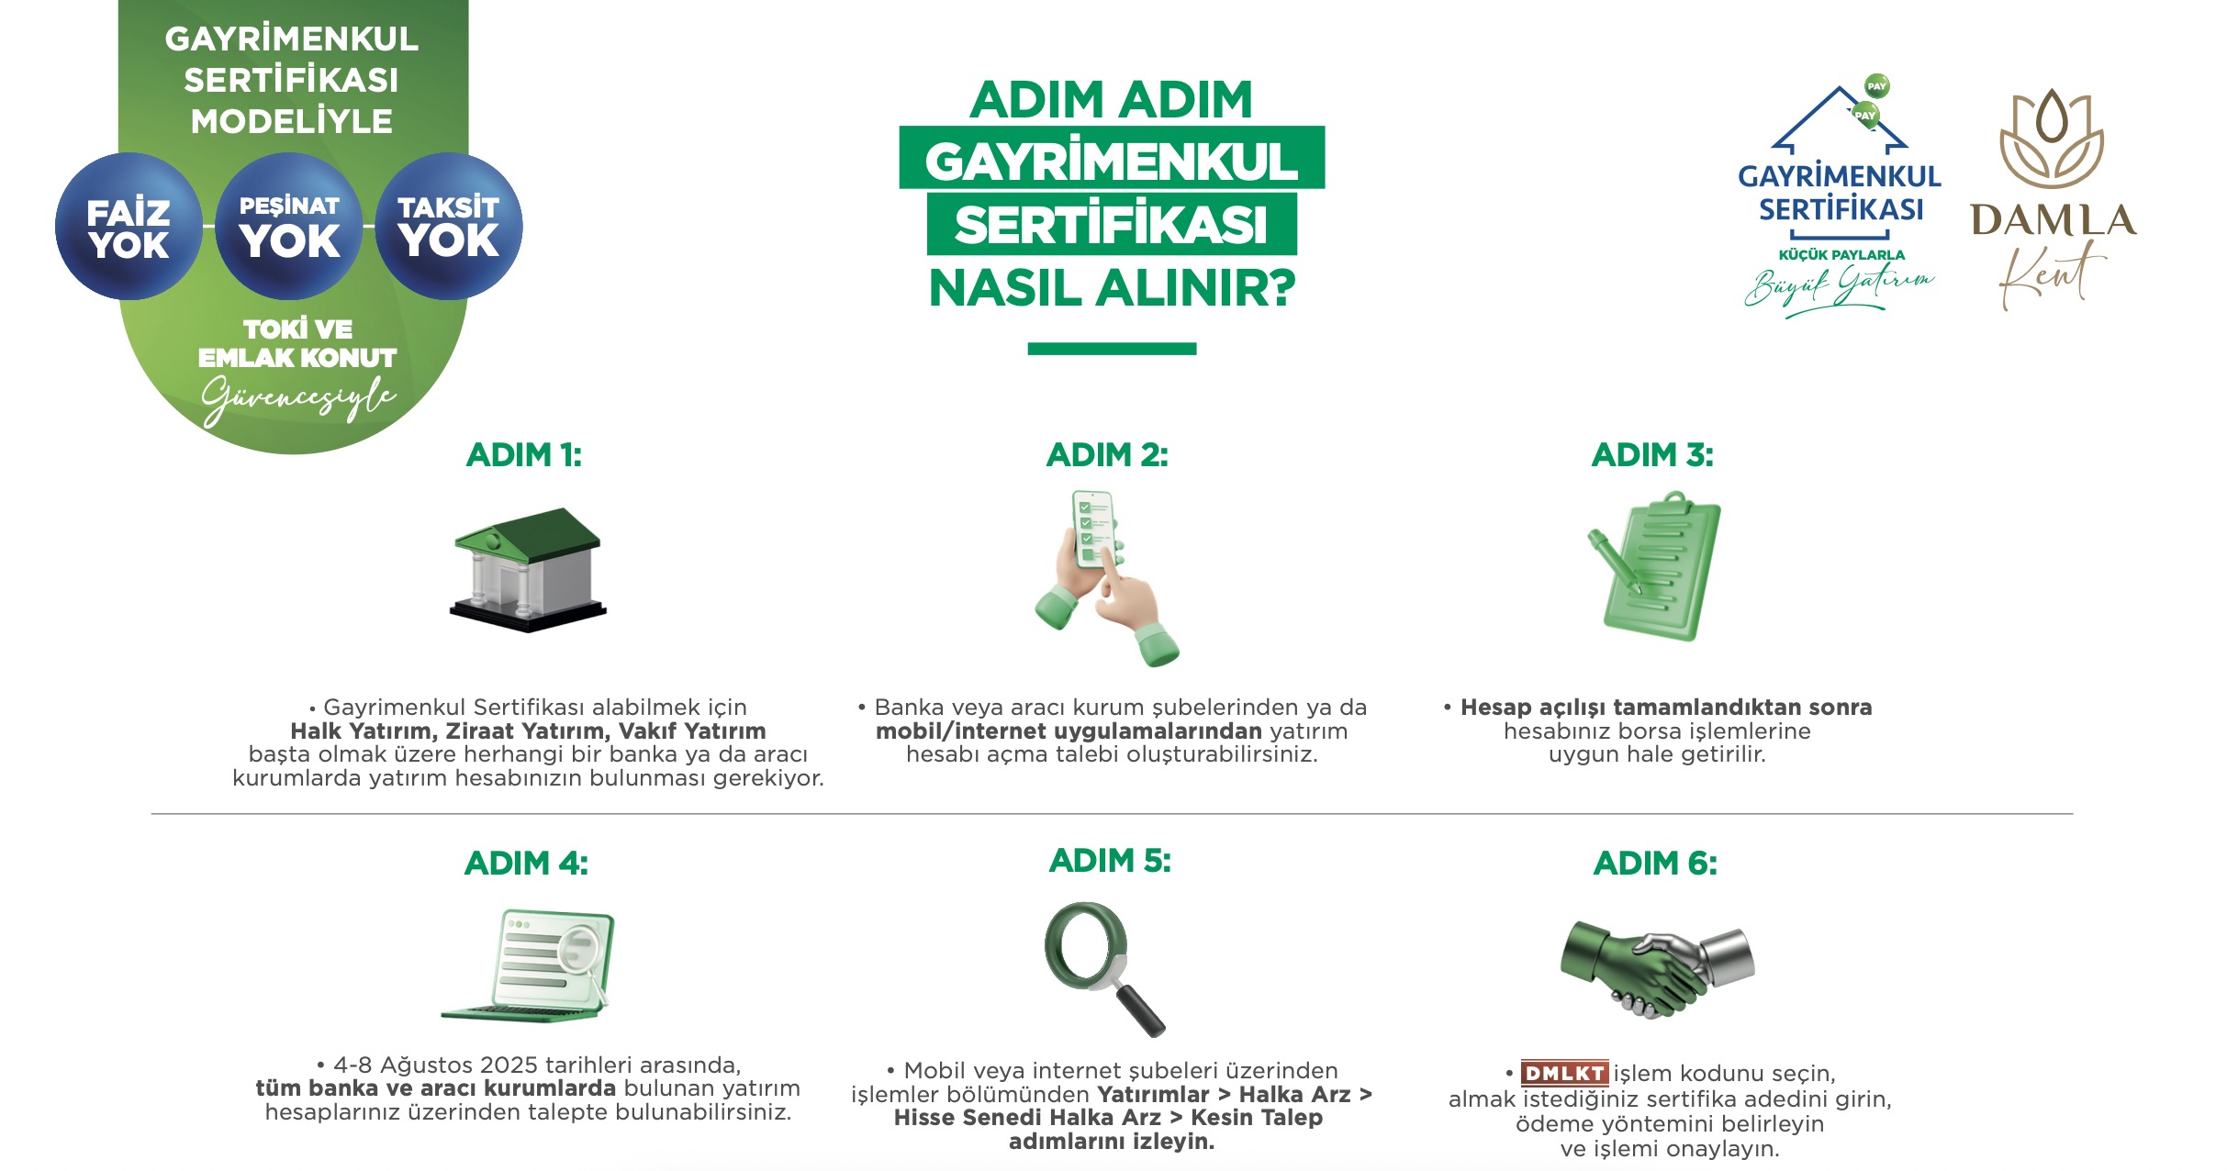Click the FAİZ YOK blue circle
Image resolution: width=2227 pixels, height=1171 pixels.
pyautogui.click(x=129, y=227)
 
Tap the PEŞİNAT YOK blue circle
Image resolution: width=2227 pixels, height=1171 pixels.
pyautogui.click(x=289, y=227)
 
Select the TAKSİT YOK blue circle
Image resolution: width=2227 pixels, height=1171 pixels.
pyautogui.click(x=449, y=227)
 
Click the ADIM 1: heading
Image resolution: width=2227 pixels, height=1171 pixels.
pyautogui.click(x=524, y=455)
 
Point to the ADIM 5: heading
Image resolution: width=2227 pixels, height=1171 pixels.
pyautogui.click(x=1110, y=861)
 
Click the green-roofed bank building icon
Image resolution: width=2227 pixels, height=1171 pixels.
pyautogui.click(x=528, y=570)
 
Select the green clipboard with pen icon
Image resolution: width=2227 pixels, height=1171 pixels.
pyautogui.click(x=1655, y=566)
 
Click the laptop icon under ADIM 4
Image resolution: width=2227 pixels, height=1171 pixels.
pyautogui.click(x=528, y=966)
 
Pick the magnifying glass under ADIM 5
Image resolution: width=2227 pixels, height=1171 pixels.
pyautogui.click(x=1102, y=968)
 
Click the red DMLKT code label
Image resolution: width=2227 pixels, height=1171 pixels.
pyautogui.click(x=1564, y=1073)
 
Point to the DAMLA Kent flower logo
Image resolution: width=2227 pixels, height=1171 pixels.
pyautogui.click(x=2053, y=139)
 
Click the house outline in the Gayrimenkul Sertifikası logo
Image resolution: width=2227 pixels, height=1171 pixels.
pyautogui.click(x=1840, y=119)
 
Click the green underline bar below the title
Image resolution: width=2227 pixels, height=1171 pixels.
pyautogui.click(x=1112, y=349)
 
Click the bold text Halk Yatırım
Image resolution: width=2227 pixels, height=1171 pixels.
pyautogui.click(x=362, y=731)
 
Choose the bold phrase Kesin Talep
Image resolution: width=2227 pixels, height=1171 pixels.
pyautogui.click(x=1257, y=1118)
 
